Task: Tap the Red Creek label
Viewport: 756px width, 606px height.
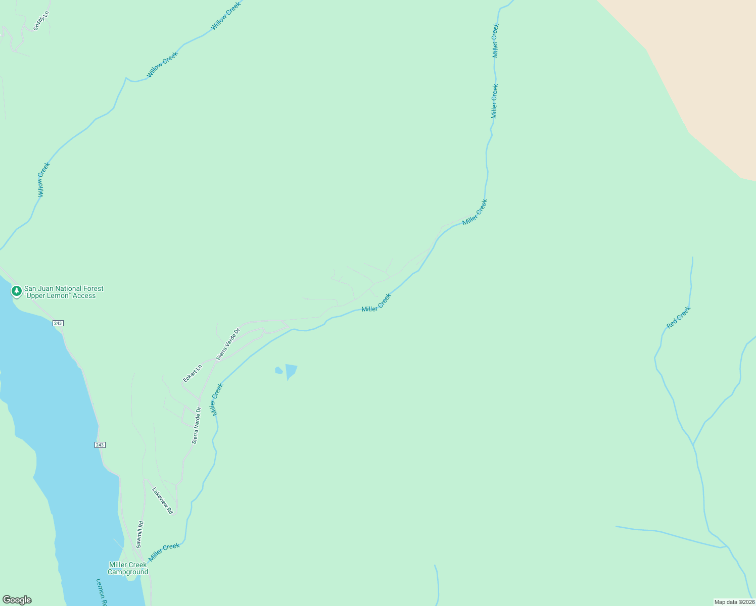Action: tap(678, 318)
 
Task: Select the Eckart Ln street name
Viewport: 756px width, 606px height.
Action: tap(192, 373)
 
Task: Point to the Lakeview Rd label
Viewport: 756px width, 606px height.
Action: tap(163, 500)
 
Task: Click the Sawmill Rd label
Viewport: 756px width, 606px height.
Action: tap(140, 534)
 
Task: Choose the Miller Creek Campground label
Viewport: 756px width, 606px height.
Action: tap(128, 569)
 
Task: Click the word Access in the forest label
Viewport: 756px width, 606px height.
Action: tap(84, 296)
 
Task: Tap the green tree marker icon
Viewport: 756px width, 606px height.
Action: tap(17, 291)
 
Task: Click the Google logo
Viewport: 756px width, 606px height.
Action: tap(17, 600)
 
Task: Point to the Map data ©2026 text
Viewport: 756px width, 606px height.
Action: tap(734, 602)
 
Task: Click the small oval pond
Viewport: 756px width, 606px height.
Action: tap(278, 371)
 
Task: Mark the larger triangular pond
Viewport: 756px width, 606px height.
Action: tap(291, 371)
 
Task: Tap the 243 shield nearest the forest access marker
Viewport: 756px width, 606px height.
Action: tap(58, 323)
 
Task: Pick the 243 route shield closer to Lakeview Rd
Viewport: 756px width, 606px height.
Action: tap(100, 445)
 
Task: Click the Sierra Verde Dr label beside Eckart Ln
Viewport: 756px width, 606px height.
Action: tap(228, 344)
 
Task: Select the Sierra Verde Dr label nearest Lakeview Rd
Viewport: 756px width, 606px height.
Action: tap(197, 425)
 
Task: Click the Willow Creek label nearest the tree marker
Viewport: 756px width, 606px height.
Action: tap(44, 179)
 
